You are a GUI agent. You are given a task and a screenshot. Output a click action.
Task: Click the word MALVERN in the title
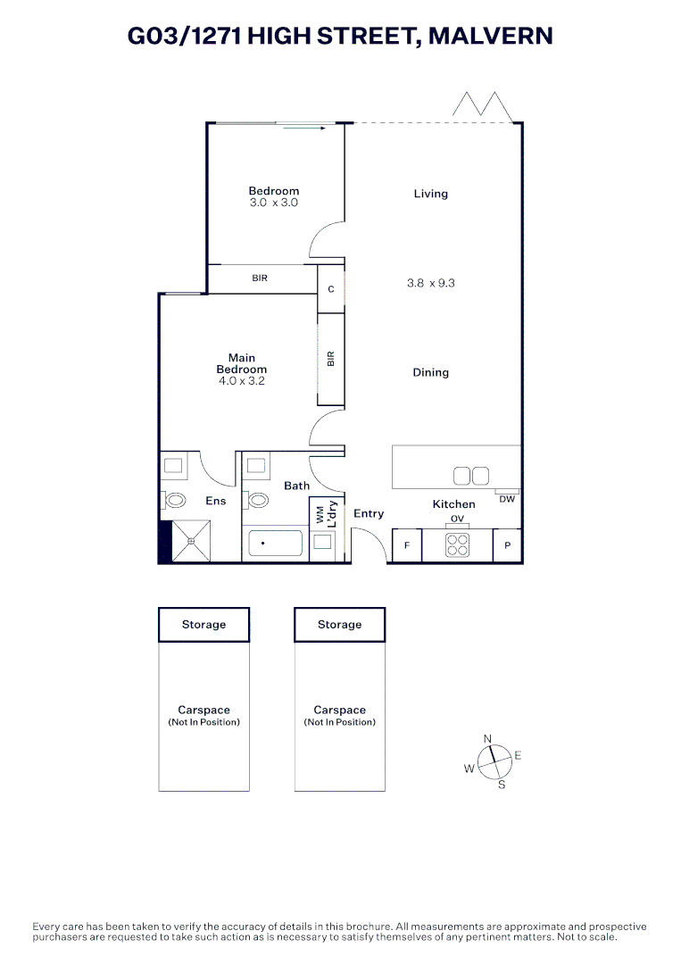coord(491,36)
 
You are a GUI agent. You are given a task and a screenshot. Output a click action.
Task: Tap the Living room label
coord(430,194)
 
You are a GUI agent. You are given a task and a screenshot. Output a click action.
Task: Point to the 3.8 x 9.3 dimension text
coord(432,283)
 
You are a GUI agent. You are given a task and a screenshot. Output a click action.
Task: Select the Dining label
coord(430,372)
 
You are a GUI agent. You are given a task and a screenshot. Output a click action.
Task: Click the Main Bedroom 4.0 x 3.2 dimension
coord(241,381)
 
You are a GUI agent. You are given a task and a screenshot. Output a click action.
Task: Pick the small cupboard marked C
coord(331,289)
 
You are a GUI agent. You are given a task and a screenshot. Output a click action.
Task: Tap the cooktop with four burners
coord(458,544)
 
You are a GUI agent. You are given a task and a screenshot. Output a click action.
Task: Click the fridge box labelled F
coord(407,545)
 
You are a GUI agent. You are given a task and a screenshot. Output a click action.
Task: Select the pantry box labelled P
coord(508,545)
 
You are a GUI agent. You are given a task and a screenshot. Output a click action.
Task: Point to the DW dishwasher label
coord(507,499)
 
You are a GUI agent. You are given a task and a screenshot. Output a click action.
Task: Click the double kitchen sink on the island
coord(470,476)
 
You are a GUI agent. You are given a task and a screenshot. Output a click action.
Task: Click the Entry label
coord(369,513)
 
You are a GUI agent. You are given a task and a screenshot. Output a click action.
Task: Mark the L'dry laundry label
coord(330,515)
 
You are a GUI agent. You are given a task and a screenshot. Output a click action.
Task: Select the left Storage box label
coord(203,625)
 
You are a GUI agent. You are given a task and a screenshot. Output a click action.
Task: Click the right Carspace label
coord(340,711)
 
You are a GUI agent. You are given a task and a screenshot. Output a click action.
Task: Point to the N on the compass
coord(487,738)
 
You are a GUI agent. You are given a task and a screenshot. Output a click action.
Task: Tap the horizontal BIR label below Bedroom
coord(260,278)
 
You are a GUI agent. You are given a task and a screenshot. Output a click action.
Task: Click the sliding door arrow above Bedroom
coord(306,129)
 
